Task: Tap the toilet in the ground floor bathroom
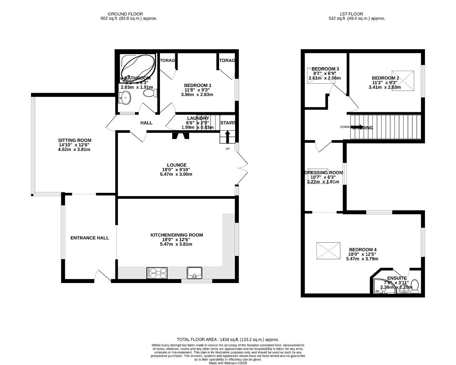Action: pos(150,93)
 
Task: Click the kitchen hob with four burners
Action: pos(157,273)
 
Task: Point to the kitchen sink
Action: pos(195,273)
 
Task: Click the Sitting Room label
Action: pos(75,140)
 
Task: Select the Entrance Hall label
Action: pos(89,238)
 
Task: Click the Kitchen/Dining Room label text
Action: pos(177,235)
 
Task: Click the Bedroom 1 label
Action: pos(198,85)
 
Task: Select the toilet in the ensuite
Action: pos(415,287)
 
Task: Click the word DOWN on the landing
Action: pos(344,127)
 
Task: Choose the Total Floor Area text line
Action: pos(228,340)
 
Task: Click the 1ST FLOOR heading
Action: pos(357,14)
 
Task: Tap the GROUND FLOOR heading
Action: pos(129,14)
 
